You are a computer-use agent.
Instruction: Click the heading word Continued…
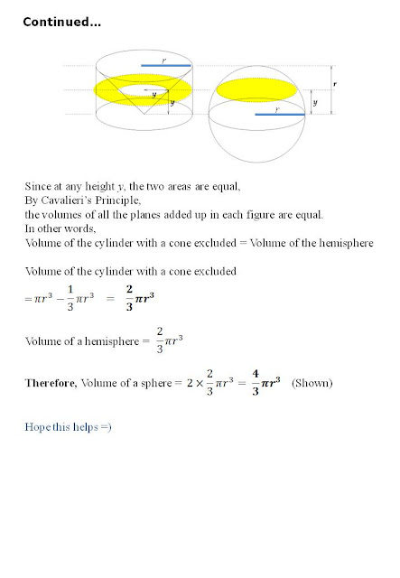coord(61,22)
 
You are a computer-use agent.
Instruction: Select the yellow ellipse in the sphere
coord(257,89)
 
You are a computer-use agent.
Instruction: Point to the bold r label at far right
coord(336,82)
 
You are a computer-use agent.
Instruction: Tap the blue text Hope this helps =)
coord(67,425)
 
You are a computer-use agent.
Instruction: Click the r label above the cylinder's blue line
coord(163,59)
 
